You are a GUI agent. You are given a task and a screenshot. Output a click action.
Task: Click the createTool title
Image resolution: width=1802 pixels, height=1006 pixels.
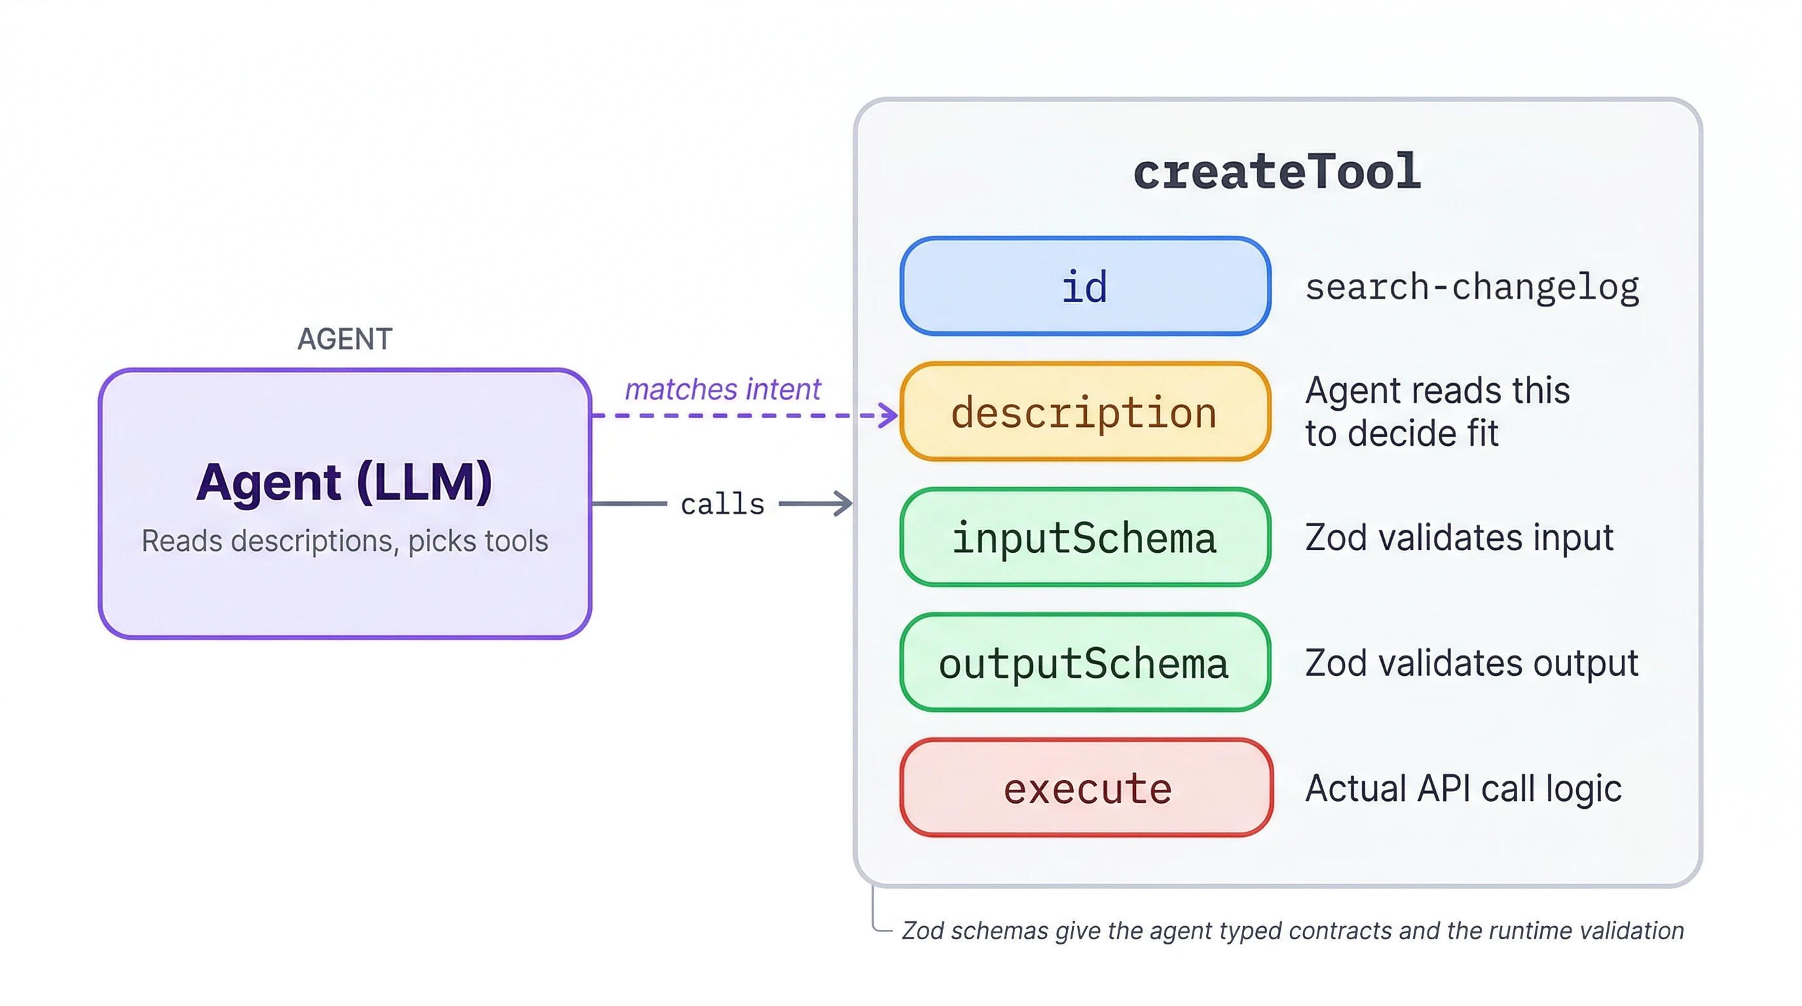[x=1277, y=172]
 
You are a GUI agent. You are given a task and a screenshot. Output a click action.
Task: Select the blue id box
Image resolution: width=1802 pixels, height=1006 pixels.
[x=1084, y=286]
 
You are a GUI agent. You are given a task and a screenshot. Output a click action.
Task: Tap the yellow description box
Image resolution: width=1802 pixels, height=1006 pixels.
[x=1084, y=412]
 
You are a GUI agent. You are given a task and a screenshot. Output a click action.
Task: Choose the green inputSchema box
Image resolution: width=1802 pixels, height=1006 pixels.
[x=1084, y=537]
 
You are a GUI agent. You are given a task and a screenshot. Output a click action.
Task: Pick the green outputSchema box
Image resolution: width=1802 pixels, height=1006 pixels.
[x=1084, y=663]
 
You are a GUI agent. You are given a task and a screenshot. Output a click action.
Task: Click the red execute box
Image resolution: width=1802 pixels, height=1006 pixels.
[x=1086, y=788]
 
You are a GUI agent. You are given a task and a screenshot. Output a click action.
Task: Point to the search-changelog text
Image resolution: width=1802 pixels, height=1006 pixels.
[x=1472, y=287]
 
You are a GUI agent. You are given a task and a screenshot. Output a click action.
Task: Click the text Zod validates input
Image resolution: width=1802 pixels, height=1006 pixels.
[x=1460, y=537]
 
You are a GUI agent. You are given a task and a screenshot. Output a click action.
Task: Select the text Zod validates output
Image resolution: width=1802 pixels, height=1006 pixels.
[x=1472, y=663]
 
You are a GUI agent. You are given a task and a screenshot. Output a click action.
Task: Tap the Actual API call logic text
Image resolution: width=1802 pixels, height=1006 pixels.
[x=1463, y=789]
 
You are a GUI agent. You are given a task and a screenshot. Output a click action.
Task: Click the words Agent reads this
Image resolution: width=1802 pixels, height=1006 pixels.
[x=1437, y=390]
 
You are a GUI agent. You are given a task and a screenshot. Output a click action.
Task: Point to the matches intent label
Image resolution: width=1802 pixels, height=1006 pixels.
[x=722, y=389]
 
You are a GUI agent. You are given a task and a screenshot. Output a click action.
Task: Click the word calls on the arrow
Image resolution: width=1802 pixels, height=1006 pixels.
[x=723, y=504]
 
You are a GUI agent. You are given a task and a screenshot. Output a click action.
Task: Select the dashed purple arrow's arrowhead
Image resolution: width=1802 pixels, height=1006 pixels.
[x=890, y=415]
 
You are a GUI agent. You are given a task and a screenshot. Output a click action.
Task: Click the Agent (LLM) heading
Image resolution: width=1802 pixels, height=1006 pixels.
[x=344, y=482]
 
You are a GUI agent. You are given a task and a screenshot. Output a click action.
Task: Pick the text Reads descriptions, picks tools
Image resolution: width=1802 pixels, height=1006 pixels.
[x=344, y=541]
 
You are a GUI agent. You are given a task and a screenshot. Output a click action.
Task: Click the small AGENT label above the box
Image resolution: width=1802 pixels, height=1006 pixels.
[x=344, y=339]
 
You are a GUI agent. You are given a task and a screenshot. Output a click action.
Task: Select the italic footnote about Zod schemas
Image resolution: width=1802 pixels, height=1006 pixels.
[x=1292, y=931]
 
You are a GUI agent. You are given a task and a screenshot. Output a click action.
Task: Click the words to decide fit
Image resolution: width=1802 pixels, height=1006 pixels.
[x=1401, y=433]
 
